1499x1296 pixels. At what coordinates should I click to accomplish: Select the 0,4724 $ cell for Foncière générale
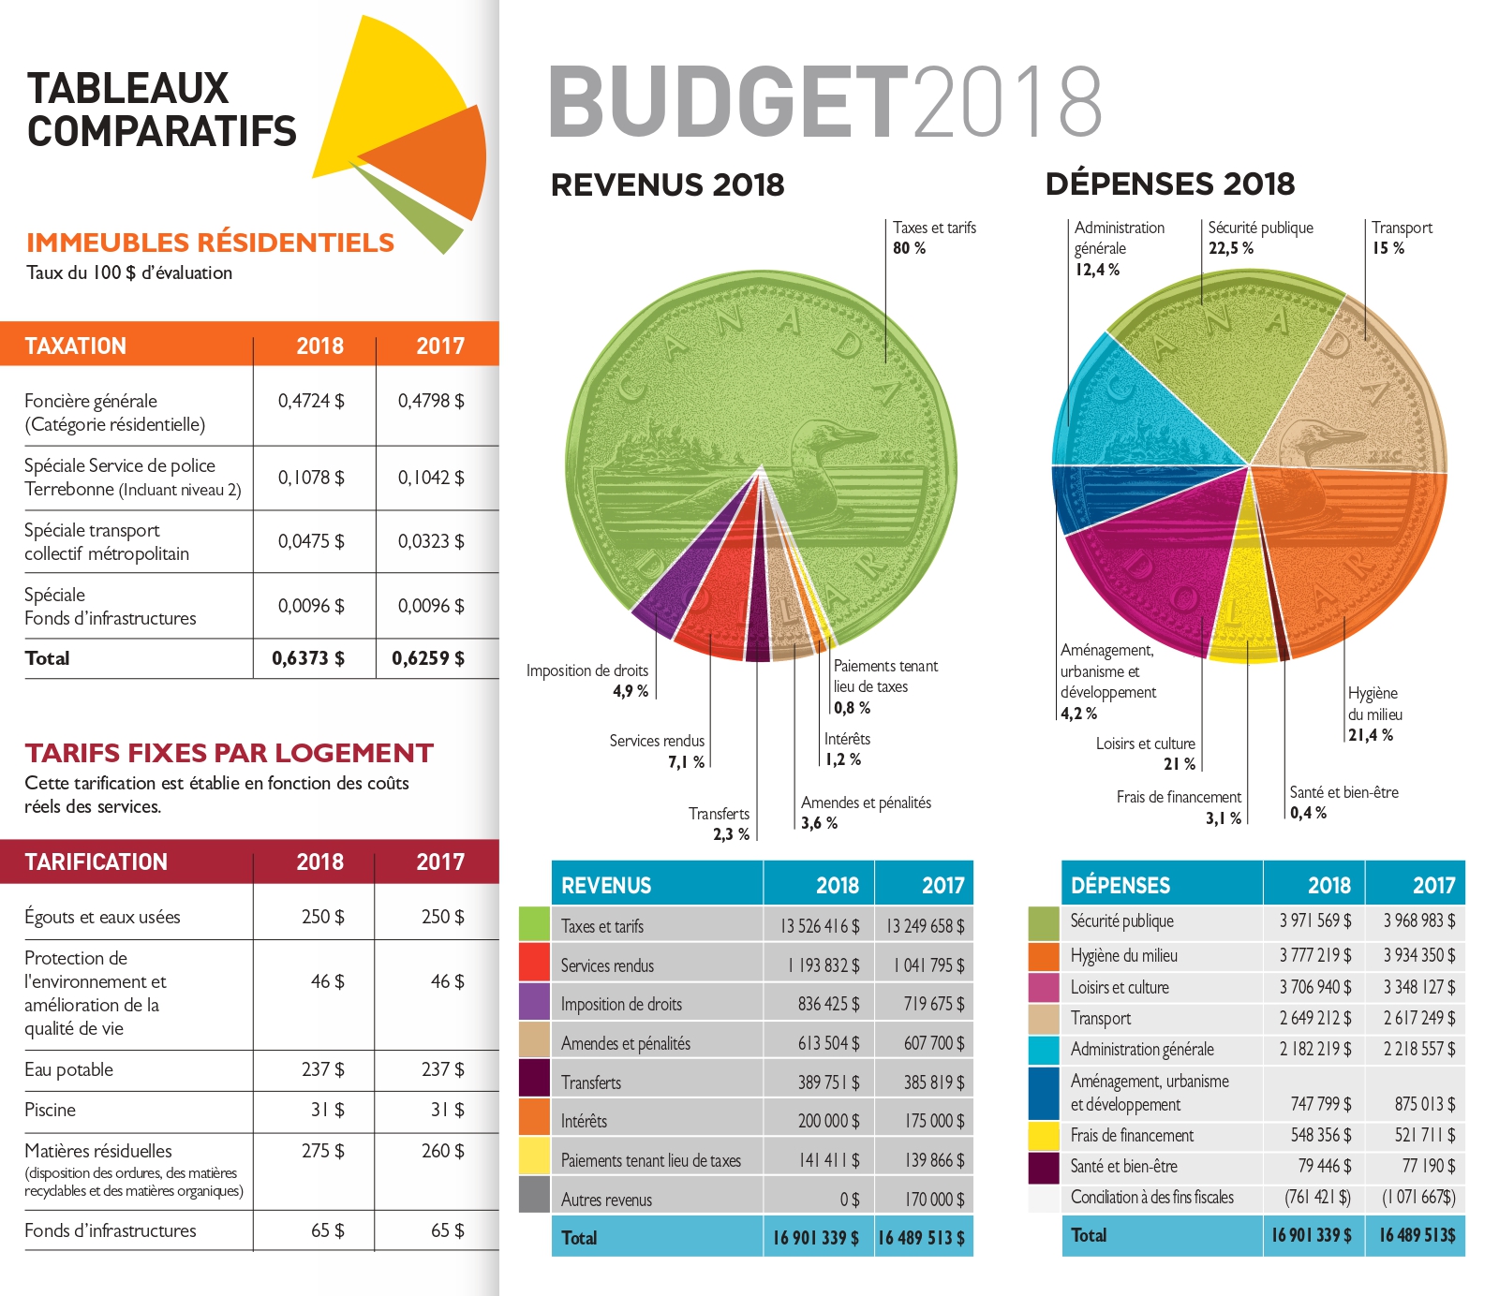[311, 401]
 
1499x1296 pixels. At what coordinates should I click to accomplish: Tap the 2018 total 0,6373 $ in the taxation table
[308, 658]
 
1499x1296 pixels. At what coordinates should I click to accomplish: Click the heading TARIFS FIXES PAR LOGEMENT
[230, 753]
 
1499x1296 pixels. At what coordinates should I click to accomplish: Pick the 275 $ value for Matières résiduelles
[322, 1150]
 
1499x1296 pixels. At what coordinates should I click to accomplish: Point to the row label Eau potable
[68, 1069]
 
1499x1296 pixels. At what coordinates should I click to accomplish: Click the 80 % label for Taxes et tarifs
[909, 248]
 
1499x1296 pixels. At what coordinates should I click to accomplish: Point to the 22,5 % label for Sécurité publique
[1230, 248]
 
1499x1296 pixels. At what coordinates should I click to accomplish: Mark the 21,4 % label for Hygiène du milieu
[1371, 735]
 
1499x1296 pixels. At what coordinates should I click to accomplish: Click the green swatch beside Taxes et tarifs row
[534, 924]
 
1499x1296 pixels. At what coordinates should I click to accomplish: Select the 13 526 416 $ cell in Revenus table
[820, 926]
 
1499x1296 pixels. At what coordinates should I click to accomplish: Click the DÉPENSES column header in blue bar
[1121, 885]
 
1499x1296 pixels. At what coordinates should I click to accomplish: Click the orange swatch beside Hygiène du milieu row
[1043, 955]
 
